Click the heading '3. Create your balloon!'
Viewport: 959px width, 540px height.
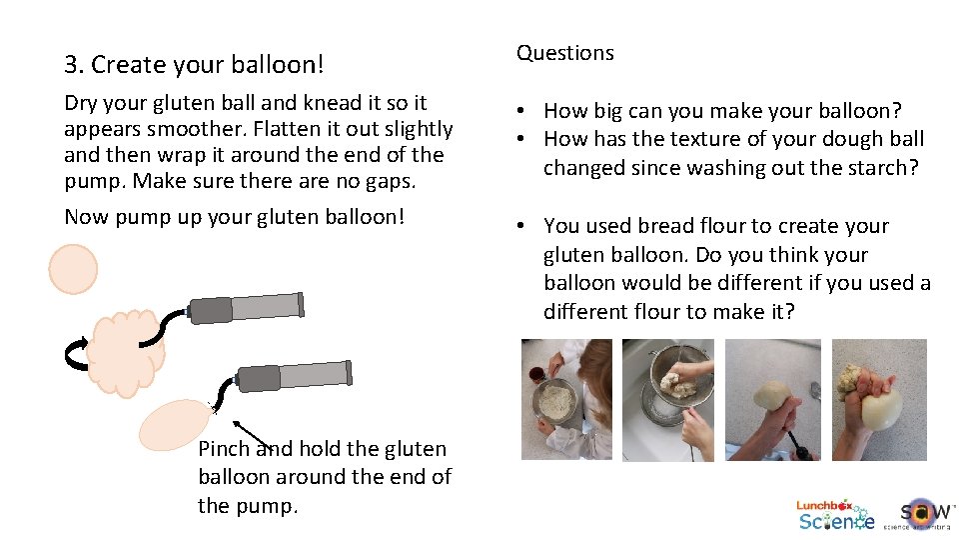[x=194, y=65]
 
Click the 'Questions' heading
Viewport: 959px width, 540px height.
[x=564, y=53]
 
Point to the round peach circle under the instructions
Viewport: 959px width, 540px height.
[x=74, y=269]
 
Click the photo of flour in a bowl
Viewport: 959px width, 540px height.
[x=566, y=400]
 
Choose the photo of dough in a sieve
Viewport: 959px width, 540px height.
[x=667, y=400]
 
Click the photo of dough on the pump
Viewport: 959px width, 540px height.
[x=772, y=400]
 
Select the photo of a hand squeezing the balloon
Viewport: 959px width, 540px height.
[x=879, y=400]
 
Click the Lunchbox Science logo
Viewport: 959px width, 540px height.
[x=835, y=514]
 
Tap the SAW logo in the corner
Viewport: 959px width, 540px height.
[x=916, y=513]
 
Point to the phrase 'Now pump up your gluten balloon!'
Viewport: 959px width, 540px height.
[x=234, y=216]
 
